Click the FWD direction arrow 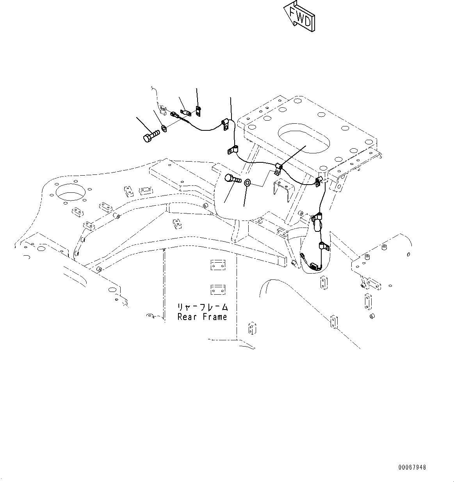(x=299, y=16)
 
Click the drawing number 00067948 (x=412, y=467)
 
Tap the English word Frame (x=215, y=317)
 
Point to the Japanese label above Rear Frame (x=203, y=307)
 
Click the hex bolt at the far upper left (x=151, y=136)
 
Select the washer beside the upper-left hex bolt (x=164, y=128)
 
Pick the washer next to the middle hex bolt (x=247, y=183)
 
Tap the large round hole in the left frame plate (x=70, y=192)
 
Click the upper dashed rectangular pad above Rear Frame (x=218, y=265)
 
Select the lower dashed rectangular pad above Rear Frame (x=218, y=290)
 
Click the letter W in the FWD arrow (x=301, y=18)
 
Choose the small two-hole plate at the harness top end (x=198, y=111)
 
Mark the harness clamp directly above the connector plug (x=323, y=246)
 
